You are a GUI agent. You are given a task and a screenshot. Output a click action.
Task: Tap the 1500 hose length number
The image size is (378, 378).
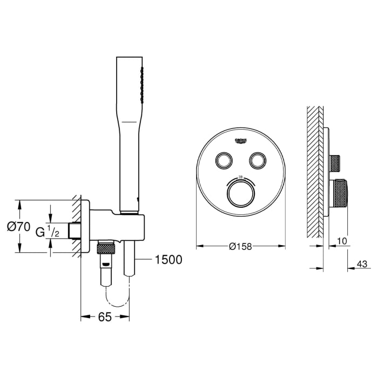[x=168, y=260]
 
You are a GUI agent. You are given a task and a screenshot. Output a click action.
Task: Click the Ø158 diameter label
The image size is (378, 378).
[x=241, y=246]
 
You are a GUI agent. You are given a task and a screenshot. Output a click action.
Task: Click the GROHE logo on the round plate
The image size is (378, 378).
[x=241, y=141]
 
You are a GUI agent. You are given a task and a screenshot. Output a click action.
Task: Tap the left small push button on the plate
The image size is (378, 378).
[x=222, y=159]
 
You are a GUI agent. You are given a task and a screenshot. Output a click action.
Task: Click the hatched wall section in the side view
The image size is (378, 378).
[x=314, y=173]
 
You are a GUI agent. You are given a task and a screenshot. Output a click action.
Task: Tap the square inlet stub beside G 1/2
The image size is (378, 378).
[x=75, y=231]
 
